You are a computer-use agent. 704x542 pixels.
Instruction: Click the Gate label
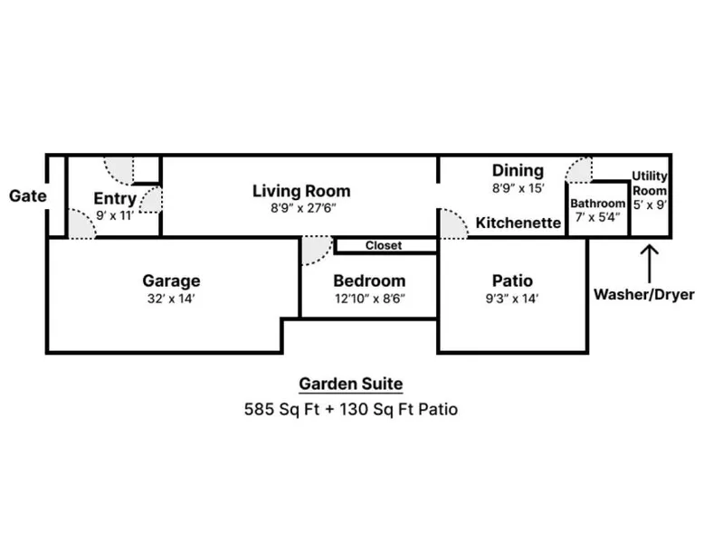tap(28, 195)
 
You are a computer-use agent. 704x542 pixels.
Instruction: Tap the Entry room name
tap(115, 198)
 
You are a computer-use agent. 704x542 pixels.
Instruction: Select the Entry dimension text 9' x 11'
tap(115, 216)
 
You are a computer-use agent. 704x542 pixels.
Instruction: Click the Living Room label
tap(301, 191)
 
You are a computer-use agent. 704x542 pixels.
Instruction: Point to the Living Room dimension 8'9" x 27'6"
tap(303, 208)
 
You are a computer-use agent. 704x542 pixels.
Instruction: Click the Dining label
tap(518, 171)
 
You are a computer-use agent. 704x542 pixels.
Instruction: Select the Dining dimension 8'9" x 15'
tap(518, 188)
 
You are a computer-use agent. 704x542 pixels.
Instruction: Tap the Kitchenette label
tap(518, 223)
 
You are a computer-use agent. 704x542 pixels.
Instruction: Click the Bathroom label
tap(597, 204)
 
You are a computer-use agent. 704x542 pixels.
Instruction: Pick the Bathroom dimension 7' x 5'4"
tap(597, 217)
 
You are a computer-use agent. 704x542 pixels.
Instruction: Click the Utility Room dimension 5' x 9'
tap(650, 204)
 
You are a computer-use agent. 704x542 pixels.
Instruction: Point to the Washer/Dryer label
tap(644, 295)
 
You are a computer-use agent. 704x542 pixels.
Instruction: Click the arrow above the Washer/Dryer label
tap(649, 263)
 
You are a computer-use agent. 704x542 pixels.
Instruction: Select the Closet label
tap(384, 245)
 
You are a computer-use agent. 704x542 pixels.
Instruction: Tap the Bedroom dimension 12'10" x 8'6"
tap(370, 299)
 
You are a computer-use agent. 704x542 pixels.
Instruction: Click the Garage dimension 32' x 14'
tap(171, 299)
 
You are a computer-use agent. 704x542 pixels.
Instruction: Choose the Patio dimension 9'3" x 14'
tap(512, 299)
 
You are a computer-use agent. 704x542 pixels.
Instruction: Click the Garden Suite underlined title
tap(351, 384)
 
